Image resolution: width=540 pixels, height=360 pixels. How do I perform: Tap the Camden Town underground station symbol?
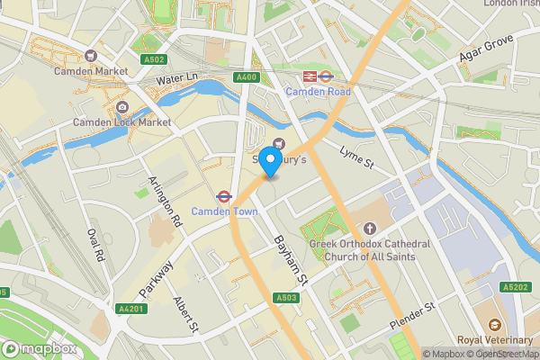click(x=221, y=195)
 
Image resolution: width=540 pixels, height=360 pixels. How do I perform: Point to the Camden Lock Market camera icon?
click(x=121, y=108)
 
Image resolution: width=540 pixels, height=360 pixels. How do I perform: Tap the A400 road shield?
click(x=247, y=78)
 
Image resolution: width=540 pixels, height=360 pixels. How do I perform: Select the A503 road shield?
click(x=286, y=297)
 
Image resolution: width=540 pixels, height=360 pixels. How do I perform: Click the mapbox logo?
click(x=40, y=348)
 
